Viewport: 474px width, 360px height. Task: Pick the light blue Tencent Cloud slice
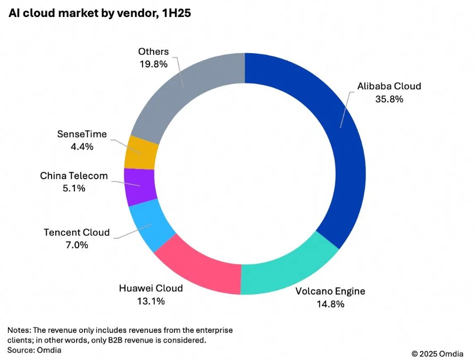152,226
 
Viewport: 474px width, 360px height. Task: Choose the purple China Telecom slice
139,186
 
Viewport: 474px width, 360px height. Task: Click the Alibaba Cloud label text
389,86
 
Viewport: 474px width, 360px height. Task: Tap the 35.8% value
389,99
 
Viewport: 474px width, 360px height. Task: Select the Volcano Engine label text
330,291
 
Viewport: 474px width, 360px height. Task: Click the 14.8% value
330,304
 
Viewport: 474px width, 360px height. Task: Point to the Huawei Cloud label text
151,288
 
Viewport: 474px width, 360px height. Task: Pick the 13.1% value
151,302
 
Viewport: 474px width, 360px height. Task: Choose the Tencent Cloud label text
77,232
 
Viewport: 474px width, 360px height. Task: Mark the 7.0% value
77,245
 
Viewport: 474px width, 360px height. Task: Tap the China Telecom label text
74,175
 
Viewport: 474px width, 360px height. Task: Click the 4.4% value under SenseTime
82,147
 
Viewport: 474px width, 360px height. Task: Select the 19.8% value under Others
153,64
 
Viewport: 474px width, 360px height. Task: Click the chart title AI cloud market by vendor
99,14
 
